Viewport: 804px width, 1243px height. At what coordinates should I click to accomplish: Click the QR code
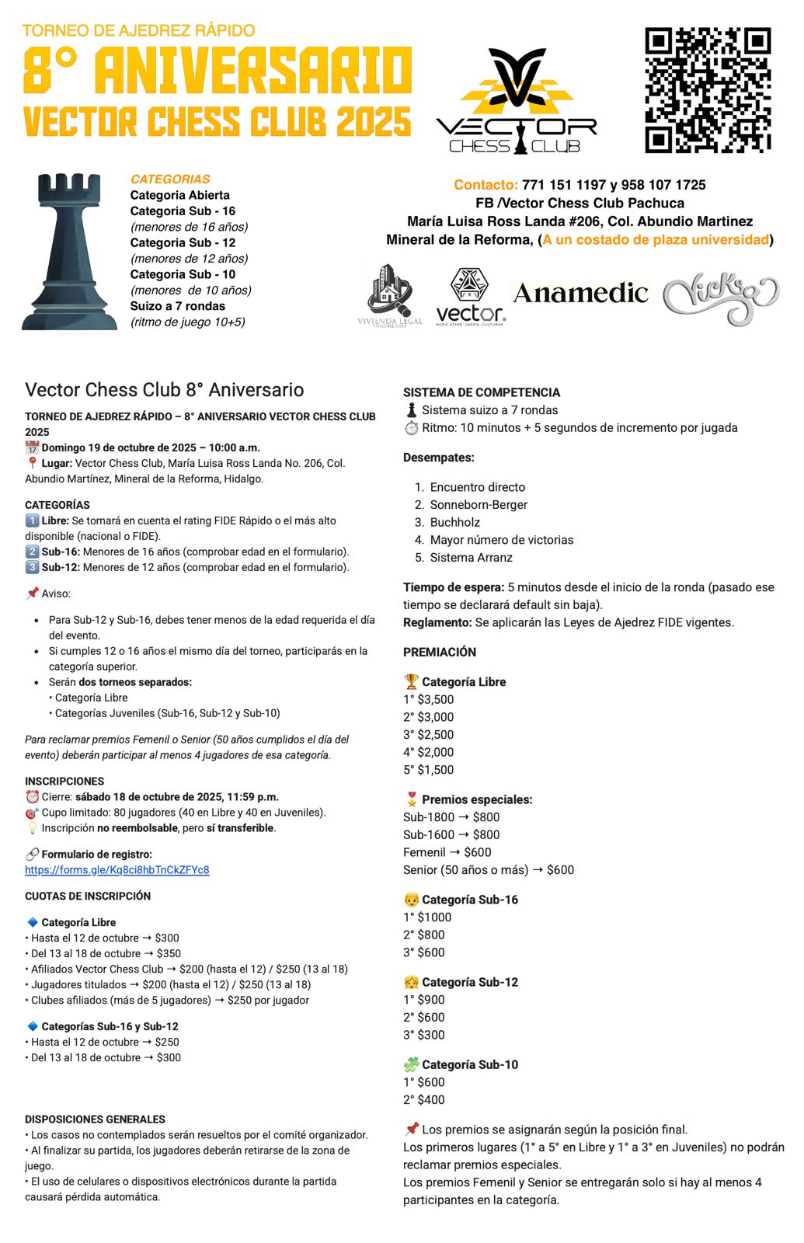708,90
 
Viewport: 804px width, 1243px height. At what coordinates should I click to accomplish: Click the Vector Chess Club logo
517,101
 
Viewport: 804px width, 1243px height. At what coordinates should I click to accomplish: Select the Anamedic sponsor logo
580,294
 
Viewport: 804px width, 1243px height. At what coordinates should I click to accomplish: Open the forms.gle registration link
117,870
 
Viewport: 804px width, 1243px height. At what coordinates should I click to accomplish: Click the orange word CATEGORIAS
170,179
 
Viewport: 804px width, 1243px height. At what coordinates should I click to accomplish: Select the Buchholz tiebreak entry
454,522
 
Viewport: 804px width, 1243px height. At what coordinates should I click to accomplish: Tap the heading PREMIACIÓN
440,652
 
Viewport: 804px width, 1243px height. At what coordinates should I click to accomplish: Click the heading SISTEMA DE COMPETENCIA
482,392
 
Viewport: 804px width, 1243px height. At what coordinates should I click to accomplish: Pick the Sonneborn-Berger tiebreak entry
479,505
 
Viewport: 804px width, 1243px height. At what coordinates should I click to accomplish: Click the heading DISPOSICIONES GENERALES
95,1119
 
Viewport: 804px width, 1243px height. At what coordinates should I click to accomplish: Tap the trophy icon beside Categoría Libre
411,682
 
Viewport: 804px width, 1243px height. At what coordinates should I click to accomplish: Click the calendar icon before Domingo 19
32,447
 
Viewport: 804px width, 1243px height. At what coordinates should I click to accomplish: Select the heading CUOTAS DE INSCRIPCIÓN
88,896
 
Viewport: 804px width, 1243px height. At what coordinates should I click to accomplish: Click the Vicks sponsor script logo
720,296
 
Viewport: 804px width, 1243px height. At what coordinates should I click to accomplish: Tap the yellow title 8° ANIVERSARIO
218,71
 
